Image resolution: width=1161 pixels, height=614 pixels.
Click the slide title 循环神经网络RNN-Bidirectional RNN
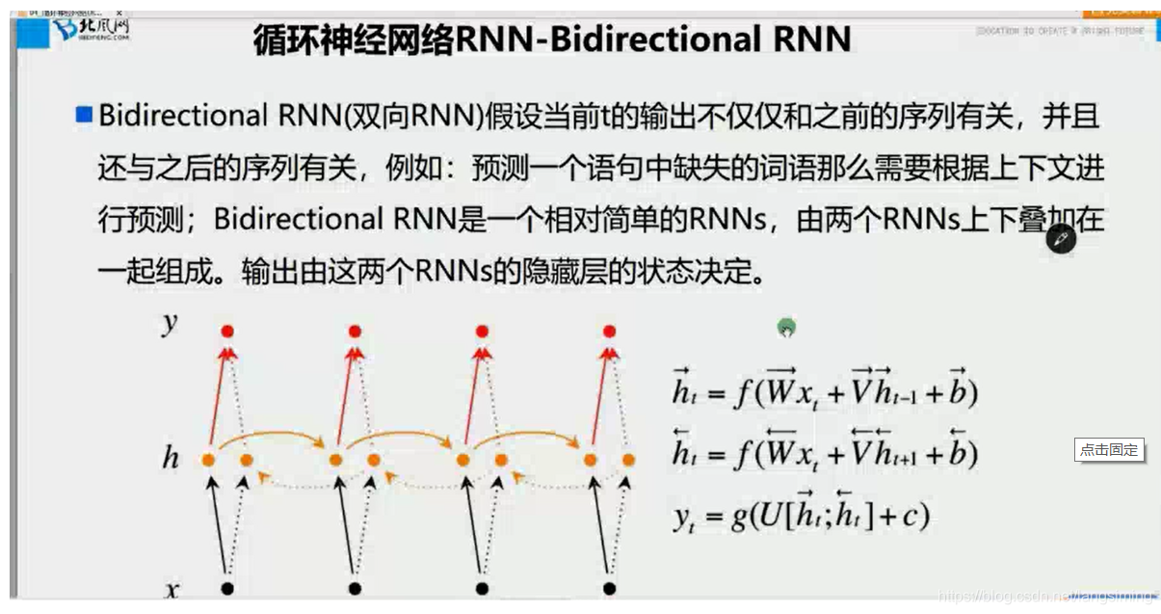tap(552, 40)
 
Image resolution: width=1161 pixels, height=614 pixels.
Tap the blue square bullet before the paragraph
tap(84, 116)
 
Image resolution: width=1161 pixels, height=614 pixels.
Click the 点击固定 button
tap(1109, 449)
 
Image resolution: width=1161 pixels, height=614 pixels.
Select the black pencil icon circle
tap(1061, 238)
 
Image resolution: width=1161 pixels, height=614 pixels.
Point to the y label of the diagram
tap(170, 324)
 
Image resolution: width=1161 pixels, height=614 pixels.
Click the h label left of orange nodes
tap(171, 459)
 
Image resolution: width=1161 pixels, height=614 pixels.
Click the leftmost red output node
tap(227, 332)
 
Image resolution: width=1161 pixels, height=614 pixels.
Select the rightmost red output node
tap(608, 332)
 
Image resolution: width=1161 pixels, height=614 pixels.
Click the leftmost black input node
tap(227, 588)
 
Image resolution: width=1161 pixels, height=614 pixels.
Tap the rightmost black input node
tap(609, 588)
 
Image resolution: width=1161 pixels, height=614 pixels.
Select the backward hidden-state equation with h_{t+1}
tap(825, 450)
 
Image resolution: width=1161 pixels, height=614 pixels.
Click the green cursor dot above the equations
tap(786, 329)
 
